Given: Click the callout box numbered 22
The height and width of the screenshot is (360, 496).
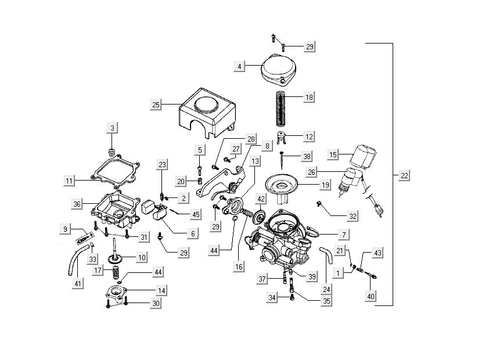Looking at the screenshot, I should pos(404,175).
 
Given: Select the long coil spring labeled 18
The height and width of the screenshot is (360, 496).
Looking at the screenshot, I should pos(281,107).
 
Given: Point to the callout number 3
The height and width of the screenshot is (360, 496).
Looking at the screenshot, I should pos(112,128).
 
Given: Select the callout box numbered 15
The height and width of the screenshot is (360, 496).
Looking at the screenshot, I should pos(333,155).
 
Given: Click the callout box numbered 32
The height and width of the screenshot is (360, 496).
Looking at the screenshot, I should pos(352,216).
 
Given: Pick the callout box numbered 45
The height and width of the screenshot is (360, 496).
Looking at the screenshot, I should pos(196,214).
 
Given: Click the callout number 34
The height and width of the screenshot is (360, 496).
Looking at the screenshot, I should pos(272,298).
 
